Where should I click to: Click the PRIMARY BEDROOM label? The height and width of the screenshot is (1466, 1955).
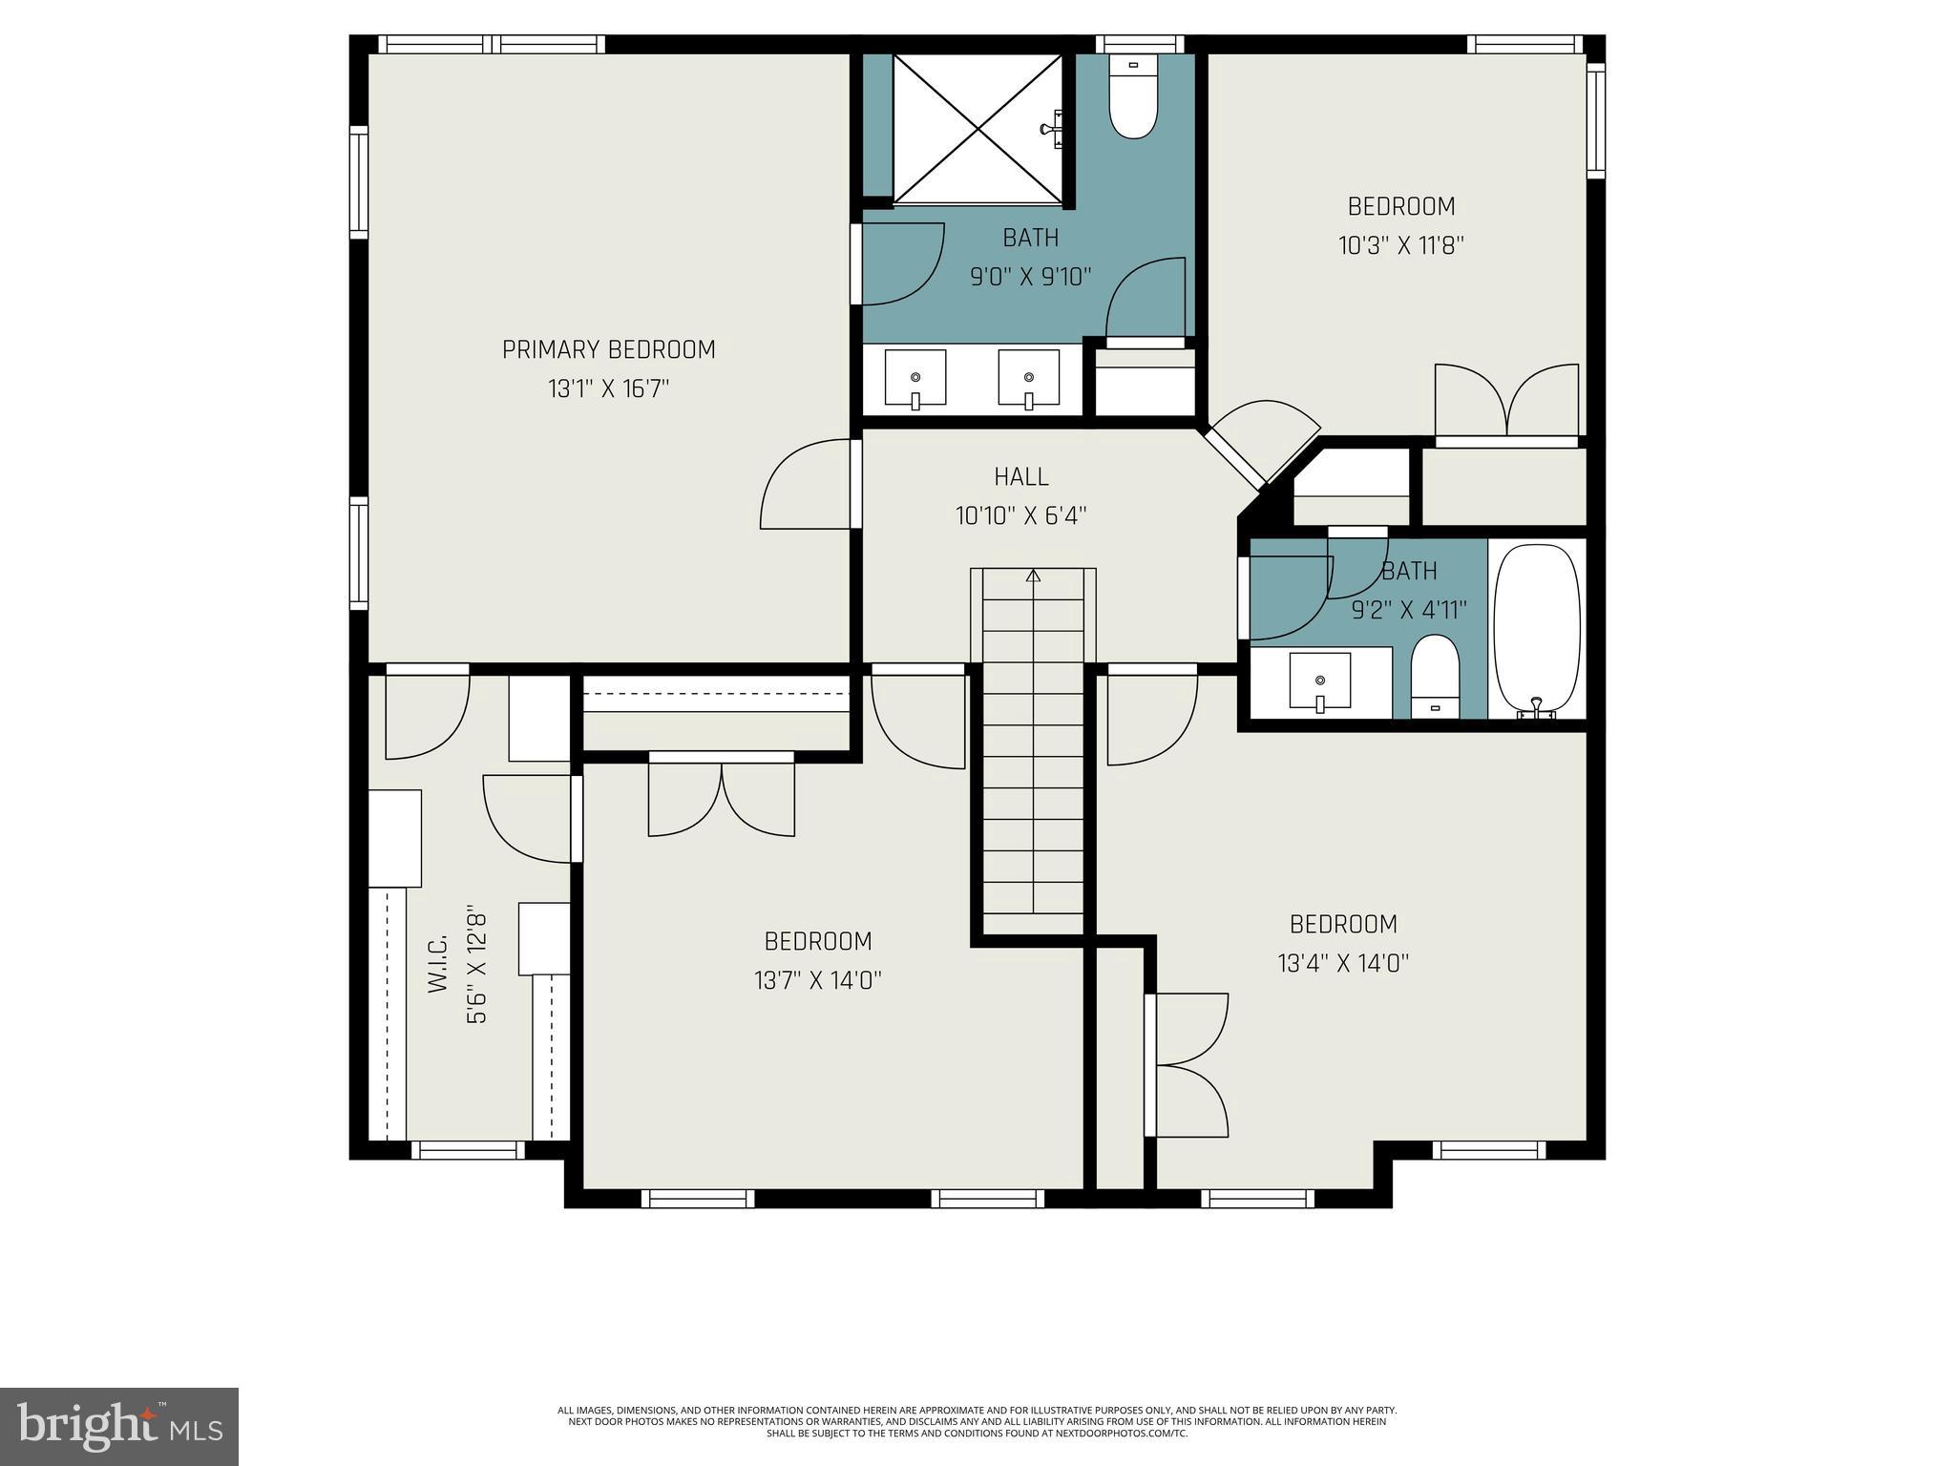(608, 349)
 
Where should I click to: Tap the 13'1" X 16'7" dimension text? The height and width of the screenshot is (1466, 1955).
(608, 389)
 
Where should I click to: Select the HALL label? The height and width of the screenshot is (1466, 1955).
(1020, 476)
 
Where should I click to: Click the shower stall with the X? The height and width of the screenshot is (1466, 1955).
(977, 129)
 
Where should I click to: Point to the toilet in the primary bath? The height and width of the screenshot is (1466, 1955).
(1133, 103)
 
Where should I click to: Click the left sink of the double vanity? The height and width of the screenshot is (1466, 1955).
(914, 379)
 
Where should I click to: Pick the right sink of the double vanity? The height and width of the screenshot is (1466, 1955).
(1028, 379)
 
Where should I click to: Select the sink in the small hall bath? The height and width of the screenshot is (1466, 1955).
(1319, 681)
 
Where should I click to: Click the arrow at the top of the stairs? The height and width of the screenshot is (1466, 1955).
(1033, 576)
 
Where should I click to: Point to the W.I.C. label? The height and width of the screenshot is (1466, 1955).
(438, 964)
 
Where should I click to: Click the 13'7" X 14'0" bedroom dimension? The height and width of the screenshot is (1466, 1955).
(817, 981)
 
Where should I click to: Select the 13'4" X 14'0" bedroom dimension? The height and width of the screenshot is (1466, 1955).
(1343, 964)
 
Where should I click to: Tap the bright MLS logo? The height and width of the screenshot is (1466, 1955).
(119, 1426)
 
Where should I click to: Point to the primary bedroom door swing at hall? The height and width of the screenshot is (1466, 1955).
(805, 484)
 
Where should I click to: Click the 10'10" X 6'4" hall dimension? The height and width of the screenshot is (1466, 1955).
(1020, 516)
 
